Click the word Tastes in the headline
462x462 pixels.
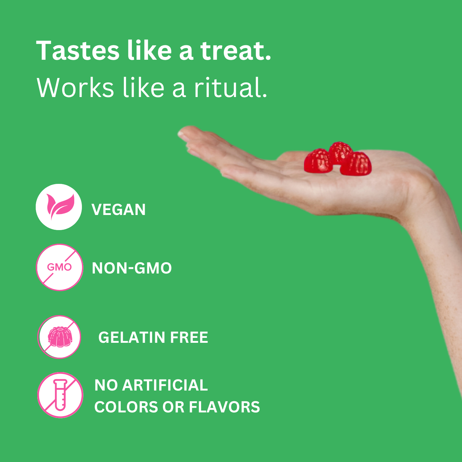coord(78,51)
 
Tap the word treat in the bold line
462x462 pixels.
coord(236,51)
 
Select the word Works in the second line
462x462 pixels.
coord(75,88)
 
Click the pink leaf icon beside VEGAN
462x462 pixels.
coord(59,207)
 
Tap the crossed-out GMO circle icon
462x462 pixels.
coord(59,267)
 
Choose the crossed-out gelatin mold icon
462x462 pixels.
coord(60,337)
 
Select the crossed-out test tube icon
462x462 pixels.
coord(60,395)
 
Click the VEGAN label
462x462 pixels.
coord(119,210)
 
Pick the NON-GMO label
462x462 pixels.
coord(132,268)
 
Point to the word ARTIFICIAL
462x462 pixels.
coord(165,385)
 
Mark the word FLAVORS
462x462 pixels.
coord(224,407)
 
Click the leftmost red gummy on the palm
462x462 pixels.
coord(318,161)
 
